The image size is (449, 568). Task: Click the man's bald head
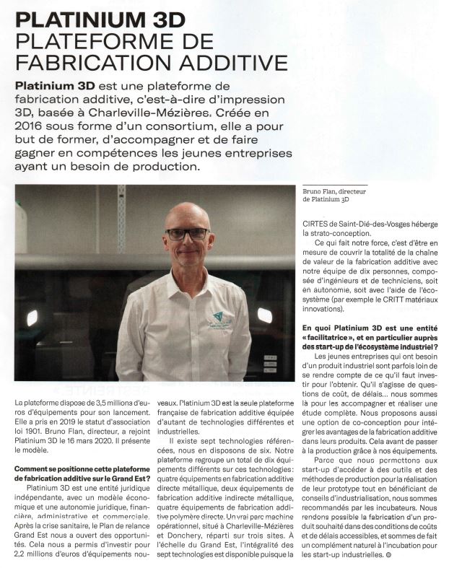(x=186, y=212)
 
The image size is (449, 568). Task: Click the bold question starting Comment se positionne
(x=80, y=473)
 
